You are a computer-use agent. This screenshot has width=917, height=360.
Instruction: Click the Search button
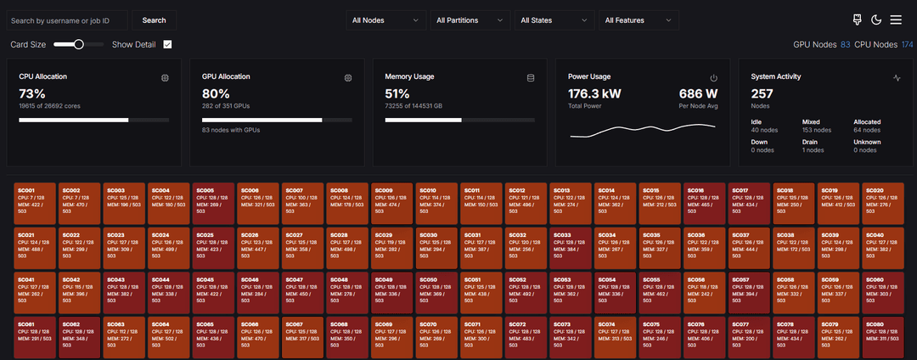click(x=154, y=20)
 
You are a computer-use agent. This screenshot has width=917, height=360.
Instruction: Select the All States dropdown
click(x=554, y=20)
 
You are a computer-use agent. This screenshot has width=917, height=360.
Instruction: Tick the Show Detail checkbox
click(x=167, y=44)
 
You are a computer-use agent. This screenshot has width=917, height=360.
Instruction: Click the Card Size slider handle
click(x=79, y=44)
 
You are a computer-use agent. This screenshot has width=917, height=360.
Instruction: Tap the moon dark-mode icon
click(x=876, y=20)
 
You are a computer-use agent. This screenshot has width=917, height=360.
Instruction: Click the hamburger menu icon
click(x=897, y=20)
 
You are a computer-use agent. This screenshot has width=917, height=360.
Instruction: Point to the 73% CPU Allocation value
click(x=32, y=93)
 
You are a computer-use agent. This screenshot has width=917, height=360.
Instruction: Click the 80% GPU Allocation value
click(x=216, y=93)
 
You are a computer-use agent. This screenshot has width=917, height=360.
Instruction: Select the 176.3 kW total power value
click(x=594, y=93)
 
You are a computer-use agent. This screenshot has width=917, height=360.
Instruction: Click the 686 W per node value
click(x=698, y=93)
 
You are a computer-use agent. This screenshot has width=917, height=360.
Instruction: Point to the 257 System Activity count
click(x=762, y=93)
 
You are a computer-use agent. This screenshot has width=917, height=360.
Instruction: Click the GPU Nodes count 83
click(x=845, y=44)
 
